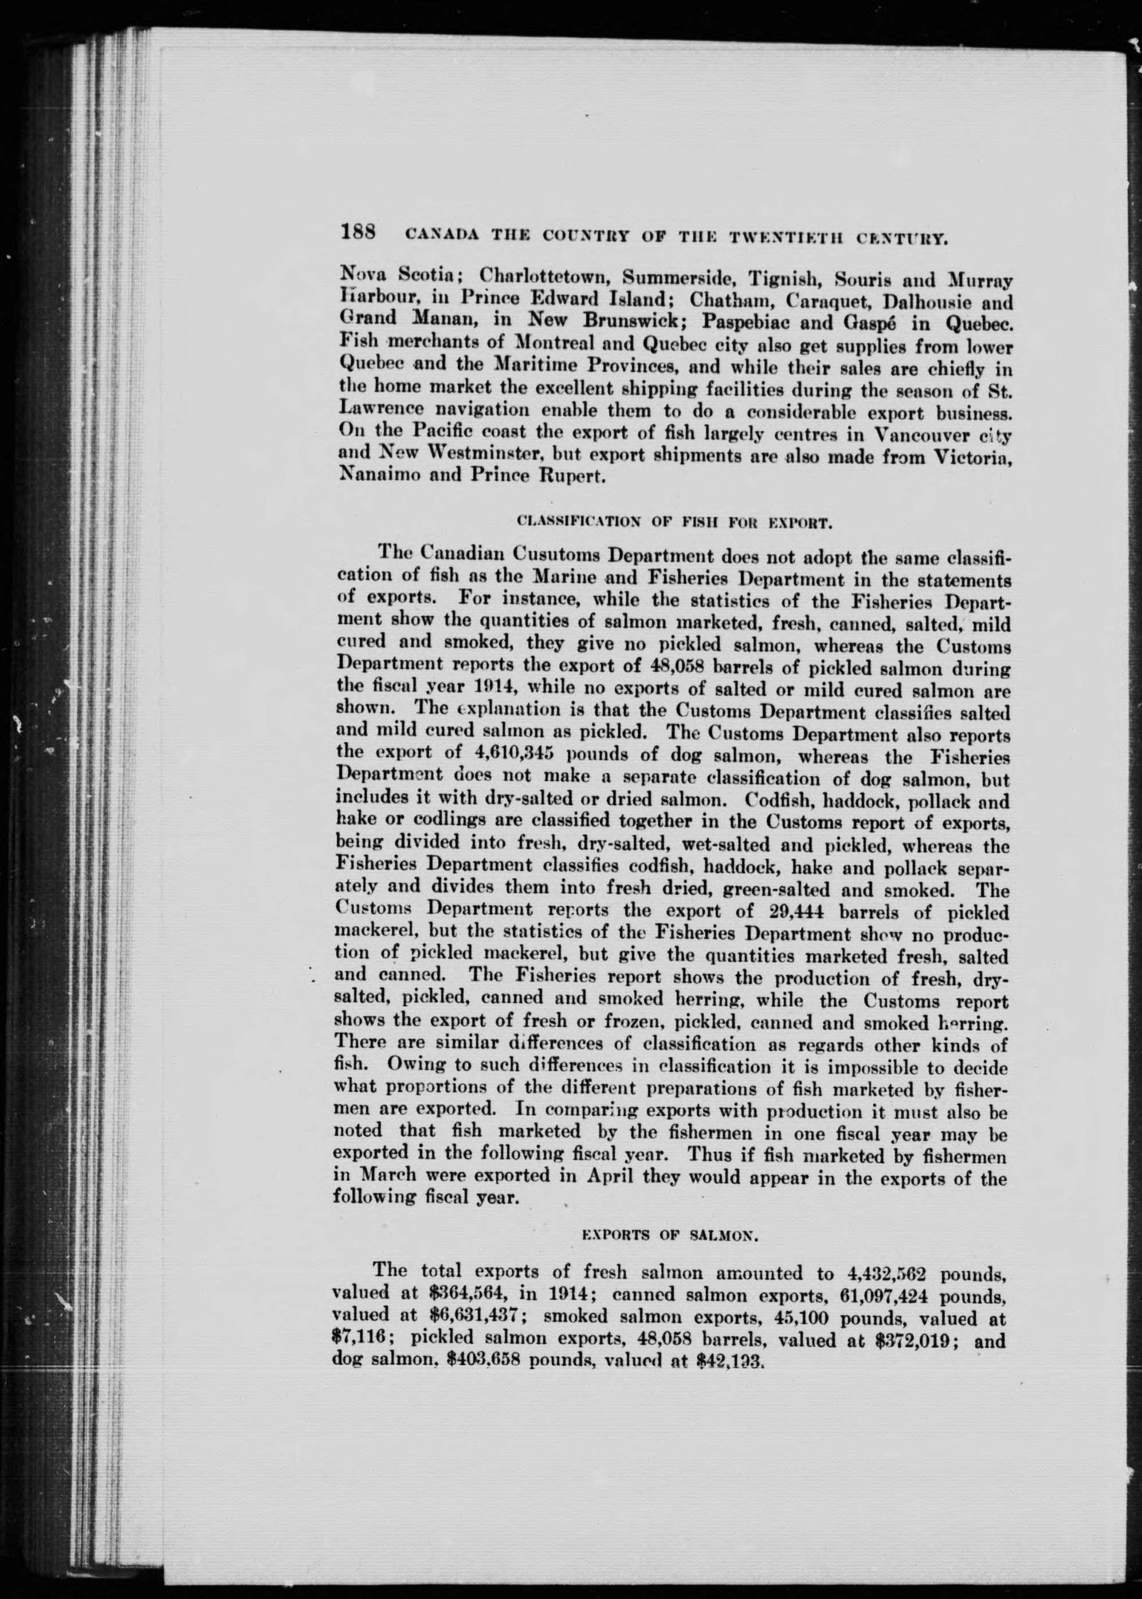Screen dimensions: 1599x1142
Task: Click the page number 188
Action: tap(359, 233)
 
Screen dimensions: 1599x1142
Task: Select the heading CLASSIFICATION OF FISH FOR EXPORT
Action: tap(674, 523)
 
